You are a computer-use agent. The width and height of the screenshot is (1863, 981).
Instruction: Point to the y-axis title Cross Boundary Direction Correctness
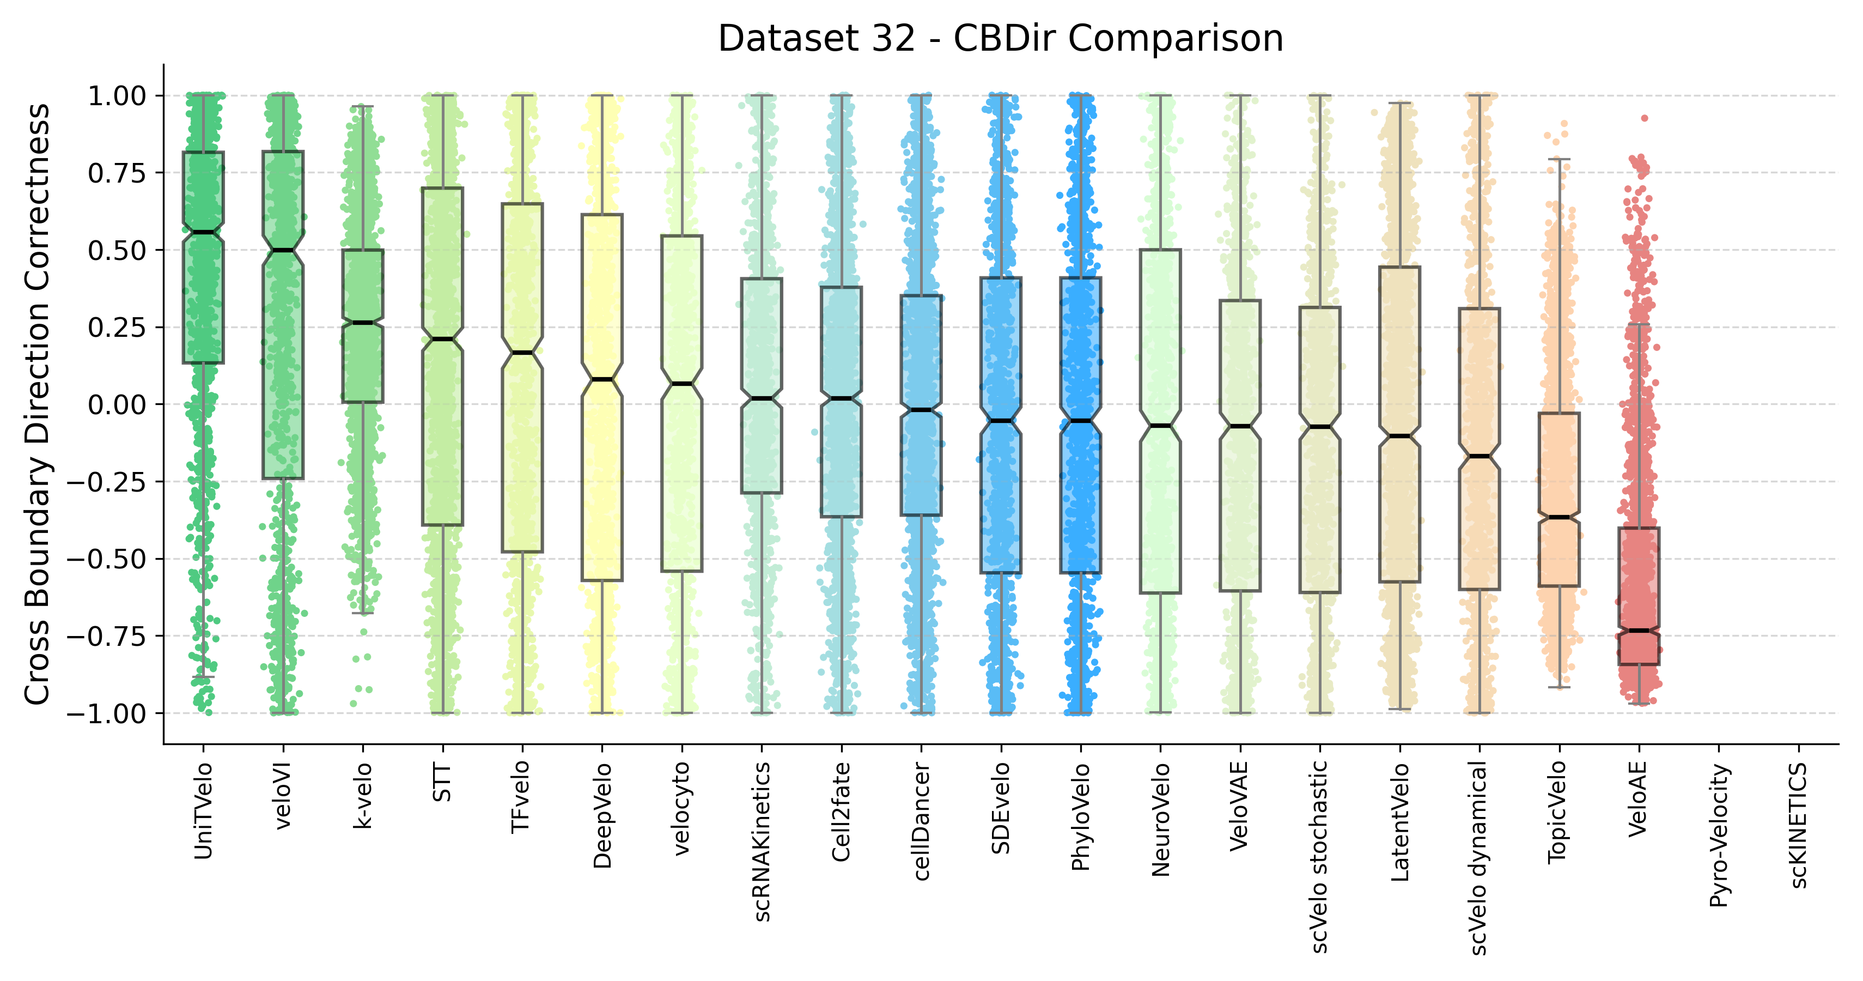(x=38, y=404)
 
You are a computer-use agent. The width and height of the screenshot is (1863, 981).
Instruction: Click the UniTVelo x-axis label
(x=203, y=811)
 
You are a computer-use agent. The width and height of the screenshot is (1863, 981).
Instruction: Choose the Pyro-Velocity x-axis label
(x=1719, y=835)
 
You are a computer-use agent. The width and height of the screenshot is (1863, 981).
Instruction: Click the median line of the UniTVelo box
(x=203, y=232)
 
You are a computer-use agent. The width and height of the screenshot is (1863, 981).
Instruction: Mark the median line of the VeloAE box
(x=1639, y=631)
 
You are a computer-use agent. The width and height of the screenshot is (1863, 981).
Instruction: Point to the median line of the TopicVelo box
(x=1559, y=517)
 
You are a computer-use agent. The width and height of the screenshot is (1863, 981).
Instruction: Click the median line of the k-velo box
(x=363, y=323)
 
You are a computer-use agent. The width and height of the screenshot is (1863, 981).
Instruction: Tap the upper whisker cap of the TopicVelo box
(x=1559, y=159)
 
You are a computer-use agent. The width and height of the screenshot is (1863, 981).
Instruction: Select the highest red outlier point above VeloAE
(x=1644, y=118)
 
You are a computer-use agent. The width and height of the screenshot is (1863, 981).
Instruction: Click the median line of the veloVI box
(x=283, y=250)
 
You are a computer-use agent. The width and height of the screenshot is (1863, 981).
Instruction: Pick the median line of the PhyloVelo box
(x=1080, y=420)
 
